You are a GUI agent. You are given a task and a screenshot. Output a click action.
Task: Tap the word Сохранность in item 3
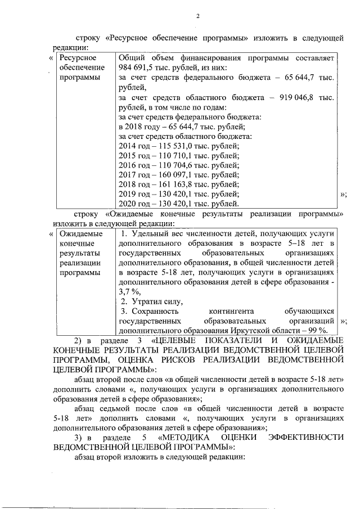153,311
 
